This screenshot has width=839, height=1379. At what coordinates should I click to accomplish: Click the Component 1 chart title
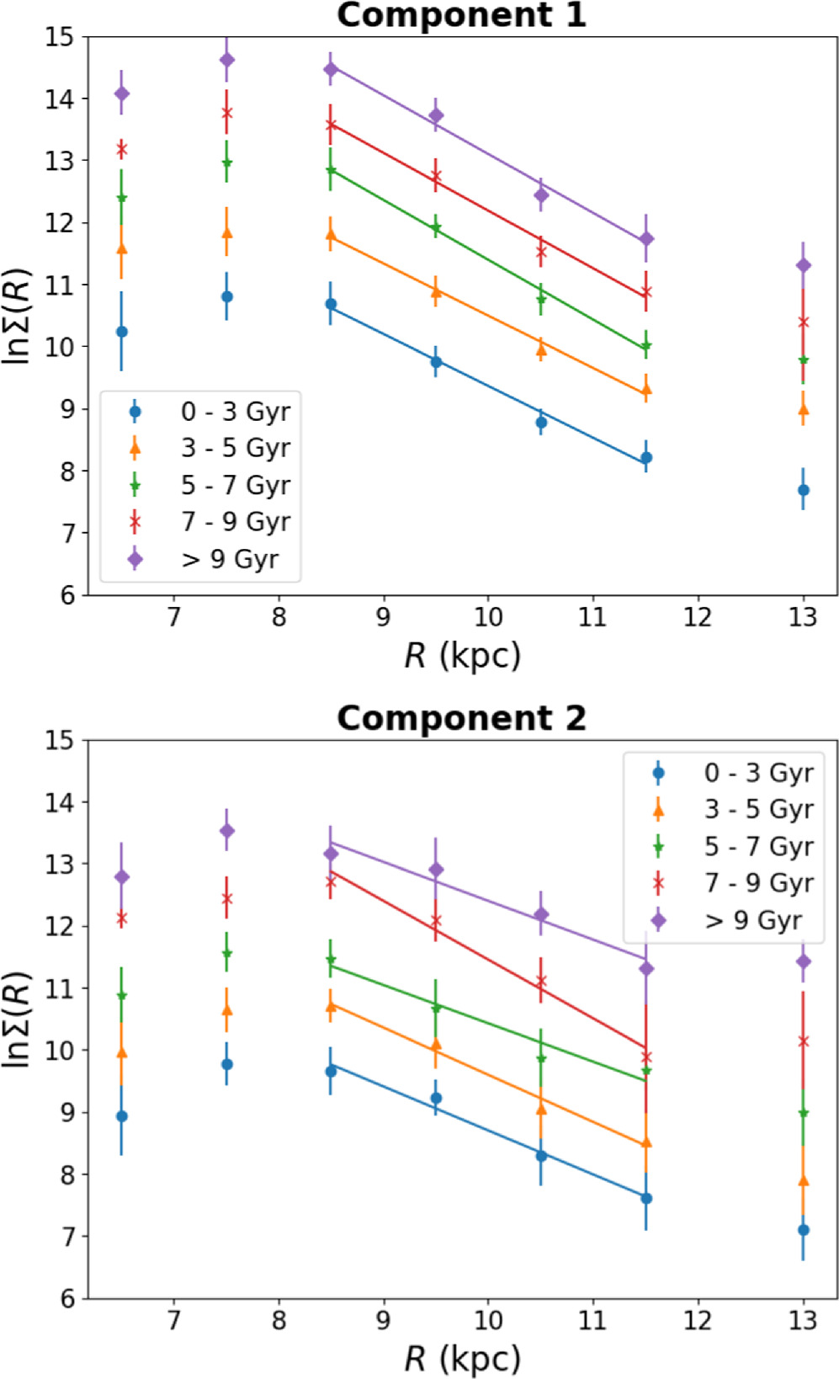(x=461, y=15)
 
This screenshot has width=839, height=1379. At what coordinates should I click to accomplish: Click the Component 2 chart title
(x=461, y=718)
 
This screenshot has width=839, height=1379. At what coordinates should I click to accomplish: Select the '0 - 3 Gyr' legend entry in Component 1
(x=235, y=412)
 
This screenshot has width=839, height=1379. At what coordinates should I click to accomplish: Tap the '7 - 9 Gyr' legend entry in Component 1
(x=235, y=522)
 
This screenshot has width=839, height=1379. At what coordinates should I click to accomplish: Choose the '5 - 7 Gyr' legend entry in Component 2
(x=758, y=846)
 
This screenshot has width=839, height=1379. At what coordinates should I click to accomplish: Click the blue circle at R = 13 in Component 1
(x=804, y=490)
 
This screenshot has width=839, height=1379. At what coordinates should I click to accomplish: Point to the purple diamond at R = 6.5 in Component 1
(x=122, y=93)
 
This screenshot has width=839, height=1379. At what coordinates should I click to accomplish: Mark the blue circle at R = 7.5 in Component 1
(x=226, y=296)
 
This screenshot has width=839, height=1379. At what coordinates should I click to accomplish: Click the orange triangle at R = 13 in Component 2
(x=804, y=1181)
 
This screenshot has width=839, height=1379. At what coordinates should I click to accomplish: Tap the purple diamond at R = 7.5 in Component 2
(x=226, y=831)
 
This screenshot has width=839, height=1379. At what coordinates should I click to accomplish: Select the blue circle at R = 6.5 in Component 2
(x=122, y=1116)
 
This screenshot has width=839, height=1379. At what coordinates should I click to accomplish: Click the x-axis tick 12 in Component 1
(x=698, y=617)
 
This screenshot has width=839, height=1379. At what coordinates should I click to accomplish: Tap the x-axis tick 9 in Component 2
(x=383, y=1319)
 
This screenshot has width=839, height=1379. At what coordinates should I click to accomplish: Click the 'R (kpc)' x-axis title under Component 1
(x=462, y=656)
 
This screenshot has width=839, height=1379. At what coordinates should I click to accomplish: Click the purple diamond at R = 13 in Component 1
(x=804, y=265)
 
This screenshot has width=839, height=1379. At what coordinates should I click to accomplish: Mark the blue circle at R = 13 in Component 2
(x=804, y=1230)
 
